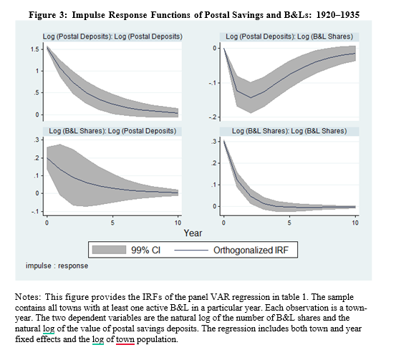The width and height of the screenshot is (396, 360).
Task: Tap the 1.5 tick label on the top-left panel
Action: tap(35, 49)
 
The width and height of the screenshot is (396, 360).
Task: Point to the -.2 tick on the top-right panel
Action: tap(213, 117)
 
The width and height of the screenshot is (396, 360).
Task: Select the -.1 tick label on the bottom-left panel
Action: tap(36, 212)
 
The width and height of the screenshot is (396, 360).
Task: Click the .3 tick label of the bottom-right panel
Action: tap(214, 142)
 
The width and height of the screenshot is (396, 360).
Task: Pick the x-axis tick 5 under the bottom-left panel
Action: tap(112, 223)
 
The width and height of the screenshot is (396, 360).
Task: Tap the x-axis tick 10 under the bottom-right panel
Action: tap(355, 223)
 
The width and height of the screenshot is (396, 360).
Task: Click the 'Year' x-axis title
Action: tap(193, 233)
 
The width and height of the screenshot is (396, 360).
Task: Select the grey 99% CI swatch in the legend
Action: tap(109, 250)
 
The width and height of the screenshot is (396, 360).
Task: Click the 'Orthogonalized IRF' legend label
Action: tap(251, 250)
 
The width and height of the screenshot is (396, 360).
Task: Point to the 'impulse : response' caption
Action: tap(57, 266)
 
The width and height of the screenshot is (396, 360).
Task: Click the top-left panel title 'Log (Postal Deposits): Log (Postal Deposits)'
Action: tap(112, 37)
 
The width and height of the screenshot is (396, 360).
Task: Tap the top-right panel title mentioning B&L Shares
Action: tap(289, 37)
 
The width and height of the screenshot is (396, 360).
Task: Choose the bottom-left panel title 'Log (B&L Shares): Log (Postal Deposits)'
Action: tap(112, 131)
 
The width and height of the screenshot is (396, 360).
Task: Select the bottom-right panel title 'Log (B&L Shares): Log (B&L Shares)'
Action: tap(289, 131)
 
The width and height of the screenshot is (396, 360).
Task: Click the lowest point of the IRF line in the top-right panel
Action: tap(251, 98)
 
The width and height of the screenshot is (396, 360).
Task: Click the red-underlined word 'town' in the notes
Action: tap(125, 339)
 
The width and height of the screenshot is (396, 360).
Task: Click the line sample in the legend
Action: tap(191, 250)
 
